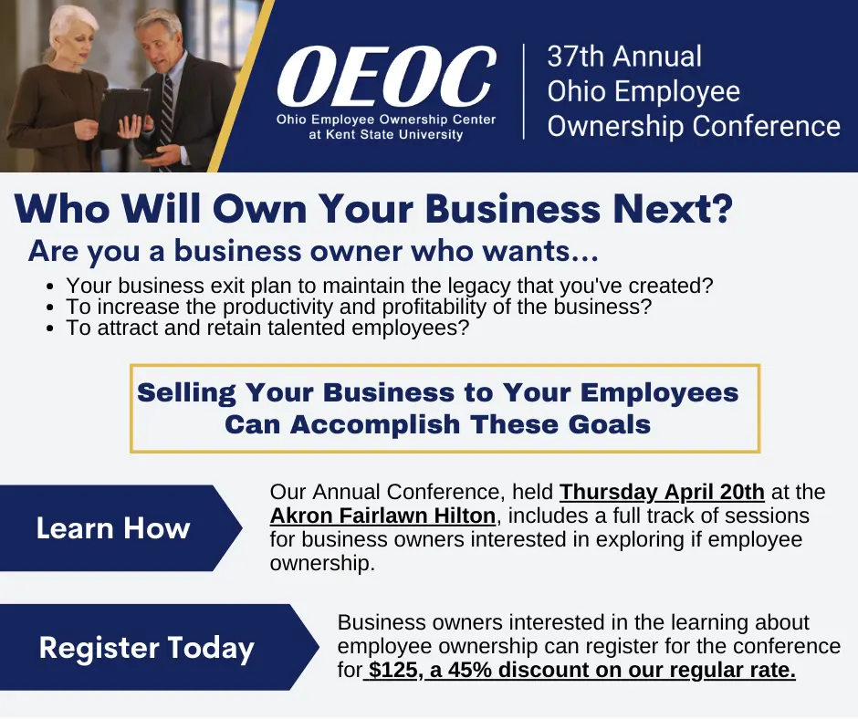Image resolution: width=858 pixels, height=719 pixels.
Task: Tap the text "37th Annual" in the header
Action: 624,57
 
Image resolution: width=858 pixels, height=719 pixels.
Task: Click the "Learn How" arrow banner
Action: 113,528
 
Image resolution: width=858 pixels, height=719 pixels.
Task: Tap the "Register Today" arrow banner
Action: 146,648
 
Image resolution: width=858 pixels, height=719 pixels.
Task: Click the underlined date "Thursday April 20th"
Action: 662,493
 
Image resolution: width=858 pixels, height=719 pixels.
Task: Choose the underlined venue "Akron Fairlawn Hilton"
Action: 382,516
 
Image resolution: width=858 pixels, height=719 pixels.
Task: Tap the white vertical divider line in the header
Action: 524,91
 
